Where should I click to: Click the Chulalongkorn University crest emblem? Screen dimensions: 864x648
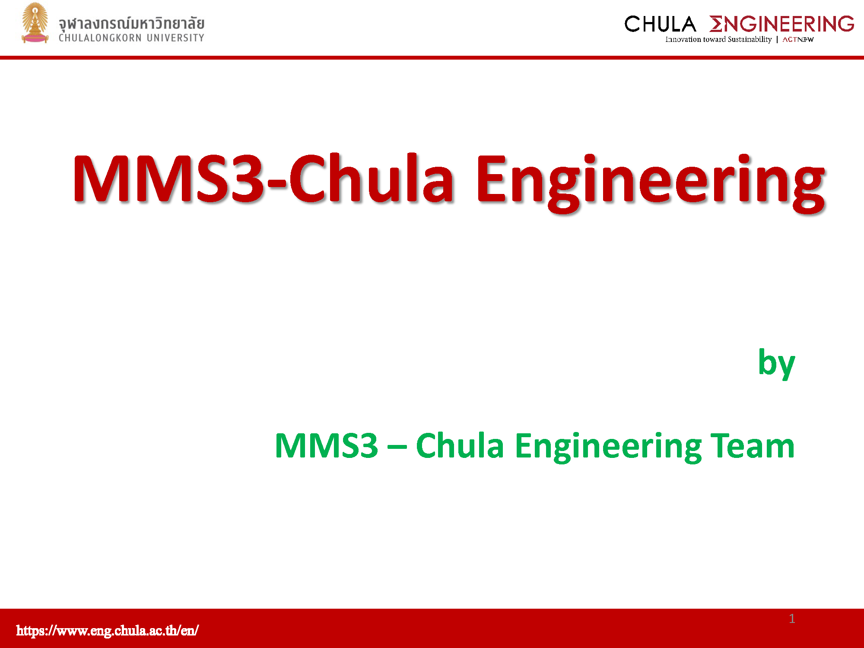35,23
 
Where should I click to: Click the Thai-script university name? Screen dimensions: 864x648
131,23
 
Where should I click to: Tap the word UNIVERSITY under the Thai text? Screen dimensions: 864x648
175,38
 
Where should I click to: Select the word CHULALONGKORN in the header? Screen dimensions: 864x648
100,38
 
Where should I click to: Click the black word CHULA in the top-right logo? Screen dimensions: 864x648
660,24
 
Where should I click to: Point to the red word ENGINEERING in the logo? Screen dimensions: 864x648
781,24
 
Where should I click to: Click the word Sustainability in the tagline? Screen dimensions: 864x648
750,39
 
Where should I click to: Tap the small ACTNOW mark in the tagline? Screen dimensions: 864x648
798,40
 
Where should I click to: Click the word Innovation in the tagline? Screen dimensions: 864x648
683,39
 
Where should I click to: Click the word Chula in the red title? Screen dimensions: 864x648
371,178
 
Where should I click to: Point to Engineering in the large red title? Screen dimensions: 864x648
651,184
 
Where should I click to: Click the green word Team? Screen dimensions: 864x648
752,446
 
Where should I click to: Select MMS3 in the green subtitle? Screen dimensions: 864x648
327,446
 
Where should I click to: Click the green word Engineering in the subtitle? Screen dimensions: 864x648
608,448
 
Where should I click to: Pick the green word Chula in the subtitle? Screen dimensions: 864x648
460,445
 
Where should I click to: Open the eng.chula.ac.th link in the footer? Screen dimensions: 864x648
108,630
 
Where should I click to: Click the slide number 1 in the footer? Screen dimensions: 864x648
792,619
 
